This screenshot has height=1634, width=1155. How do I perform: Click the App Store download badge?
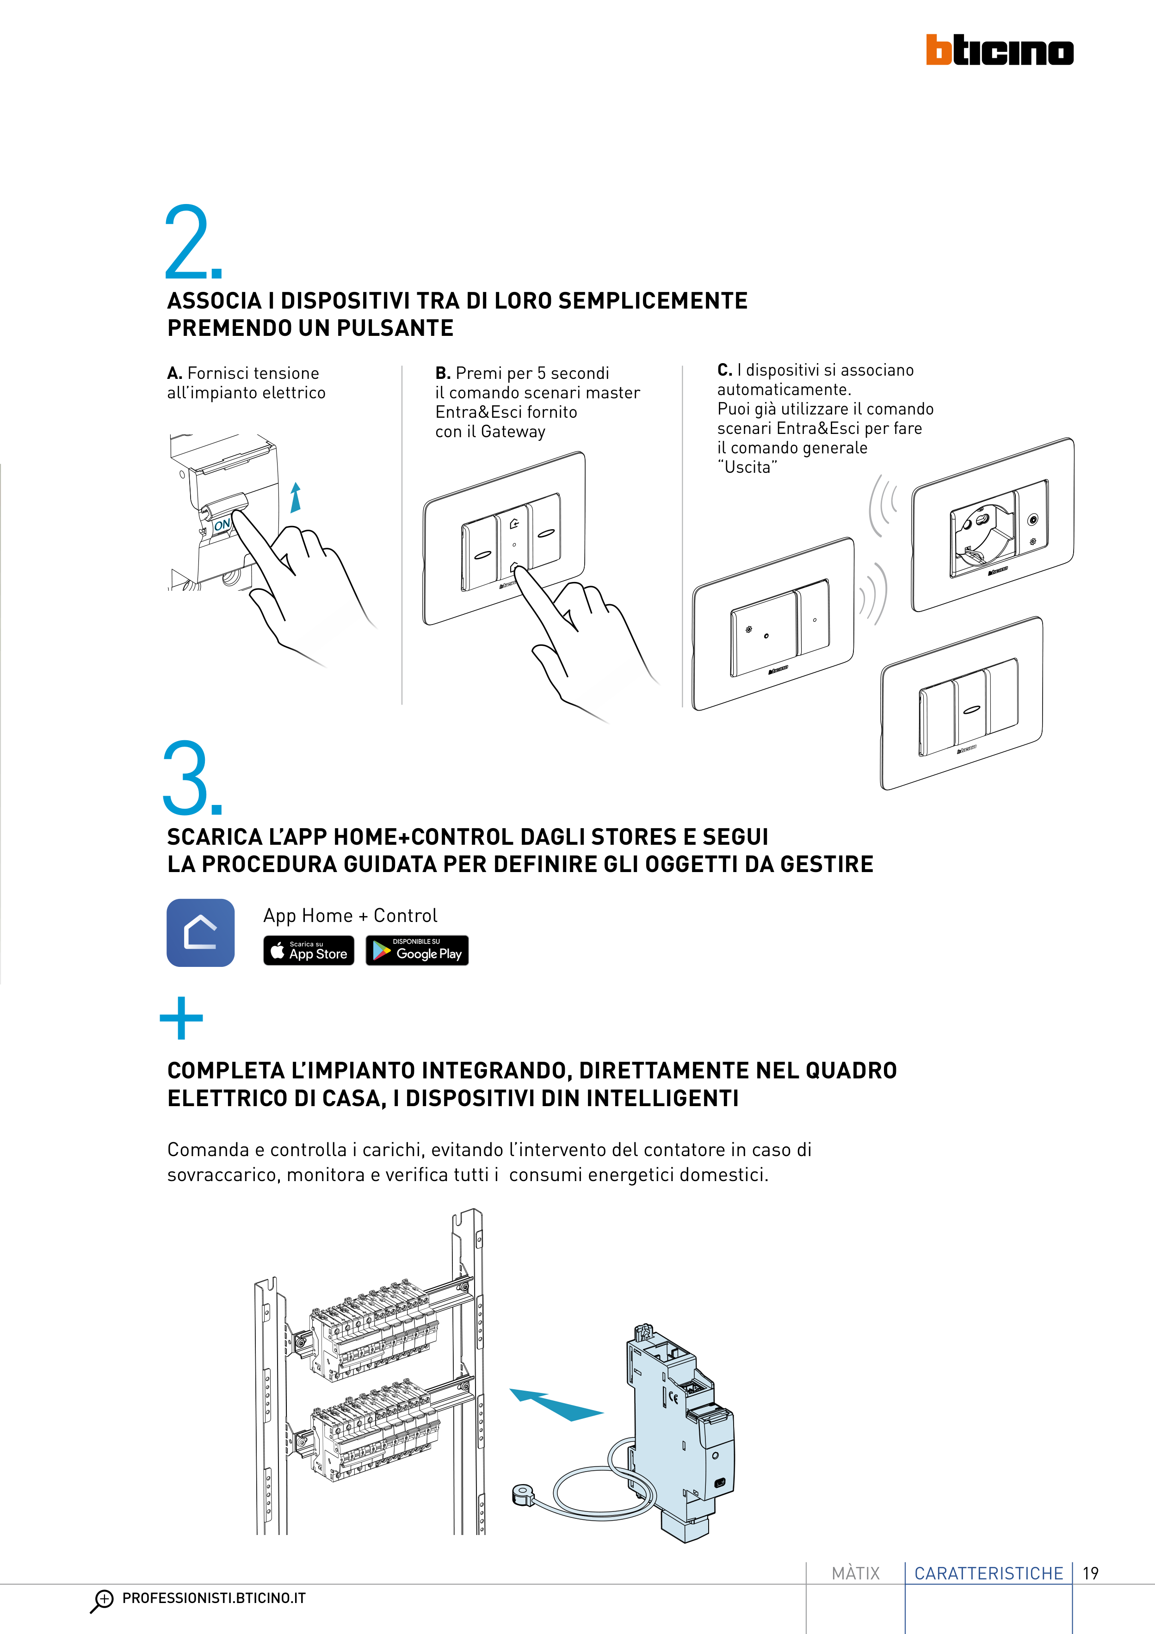pos(309,951)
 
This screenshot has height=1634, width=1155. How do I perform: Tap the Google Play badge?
pos(417,951)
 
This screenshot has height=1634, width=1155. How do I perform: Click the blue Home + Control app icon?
pos(201,933)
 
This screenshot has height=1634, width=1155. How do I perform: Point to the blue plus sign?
pos(181,1018)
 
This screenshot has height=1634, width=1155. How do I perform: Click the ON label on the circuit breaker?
pos(222,525)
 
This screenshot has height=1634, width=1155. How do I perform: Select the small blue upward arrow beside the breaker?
pos(295,497)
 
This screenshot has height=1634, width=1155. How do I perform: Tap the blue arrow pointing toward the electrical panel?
pos(556,1405)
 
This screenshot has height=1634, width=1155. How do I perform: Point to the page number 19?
pos(1090,1573)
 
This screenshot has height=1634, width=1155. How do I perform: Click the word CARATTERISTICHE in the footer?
pos(988,1573)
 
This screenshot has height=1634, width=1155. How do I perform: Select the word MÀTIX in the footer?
pos(855,1573)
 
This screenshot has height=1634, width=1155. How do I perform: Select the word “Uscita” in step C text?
pos(747,467)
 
